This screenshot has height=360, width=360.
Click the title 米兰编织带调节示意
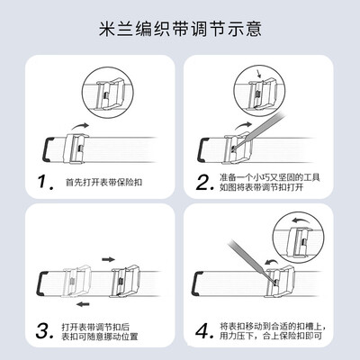coord(180,29)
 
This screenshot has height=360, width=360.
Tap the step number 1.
coord(46,182)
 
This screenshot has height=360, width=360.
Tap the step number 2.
coord(204,183)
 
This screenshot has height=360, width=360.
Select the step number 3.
coord(45,331)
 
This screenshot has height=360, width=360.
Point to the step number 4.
coord(204,331)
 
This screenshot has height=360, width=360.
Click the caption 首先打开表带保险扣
coord(103,182)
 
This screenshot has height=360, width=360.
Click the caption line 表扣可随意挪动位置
coord(100,337)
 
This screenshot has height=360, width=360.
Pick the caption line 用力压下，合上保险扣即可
coord(271,336)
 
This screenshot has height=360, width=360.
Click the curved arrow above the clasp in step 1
coord(79,126)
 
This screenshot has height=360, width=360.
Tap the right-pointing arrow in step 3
coord(108,259)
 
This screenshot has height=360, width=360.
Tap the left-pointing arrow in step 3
coord(83,304)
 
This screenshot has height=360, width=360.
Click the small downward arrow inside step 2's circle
coord(258,74)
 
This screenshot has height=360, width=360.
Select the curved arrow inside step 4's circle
coord(301,220)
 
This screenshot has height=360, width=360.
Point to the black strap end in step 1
coord(47,149)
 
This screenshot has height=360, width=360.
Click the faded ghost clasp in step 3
coord(76,282)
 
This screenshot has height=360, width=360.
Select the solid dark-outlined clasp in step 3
coord(124,282)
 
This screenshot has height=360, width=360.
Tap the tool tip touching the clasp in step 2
coord(232,148)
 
